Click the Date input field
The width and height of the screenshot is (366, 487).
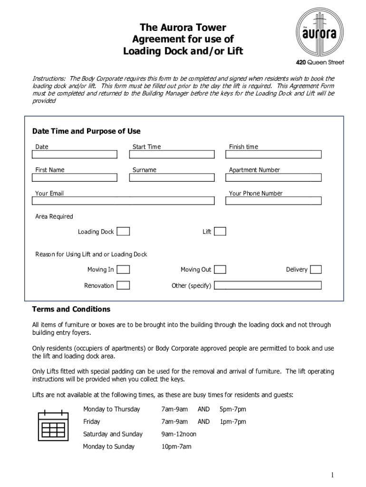[x=75, y=155]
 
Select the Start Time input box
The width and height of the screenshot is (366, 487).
[x=172, y=155]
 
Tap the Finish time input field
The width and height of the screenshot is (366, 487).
[x=273, y=155]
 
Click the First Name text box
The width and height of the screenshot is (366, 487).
[x=75, y=178]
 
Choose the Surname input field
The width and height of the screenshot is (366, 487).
[x=172, y=178]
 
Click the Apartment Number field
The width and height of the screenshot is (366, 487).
[x=273, y=178]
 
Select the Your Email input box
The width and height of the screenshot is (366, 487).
[x=123, y=201]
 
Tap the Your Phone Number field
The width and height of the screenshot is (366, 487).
[x=273, y=201]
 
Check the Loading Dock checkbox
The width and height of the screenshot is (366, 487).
[x=123, y=232]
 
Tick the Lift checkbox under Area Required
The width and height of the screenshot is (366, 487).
[x=220, y=232]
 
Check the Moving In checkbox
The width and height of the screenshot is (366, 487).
[x=123, y=270]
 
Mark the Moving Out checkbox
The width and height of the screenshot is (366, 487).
[x=220, y=270]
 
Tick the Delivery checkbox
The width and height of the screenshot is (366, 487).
[x=316, y=270]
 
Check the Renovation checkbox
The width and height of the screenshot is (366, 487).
[x=123, y=285]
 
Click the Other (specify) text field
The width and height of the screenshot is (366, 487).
[x=268, y=285]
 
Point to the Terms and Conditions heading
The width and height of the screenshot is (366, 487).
[x=71, y=309]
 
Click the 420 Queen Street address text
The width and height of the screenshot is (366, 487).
[x=320, y=62]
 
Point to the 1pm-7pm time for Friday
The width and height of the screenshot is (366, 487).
[x=232, y=421]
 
